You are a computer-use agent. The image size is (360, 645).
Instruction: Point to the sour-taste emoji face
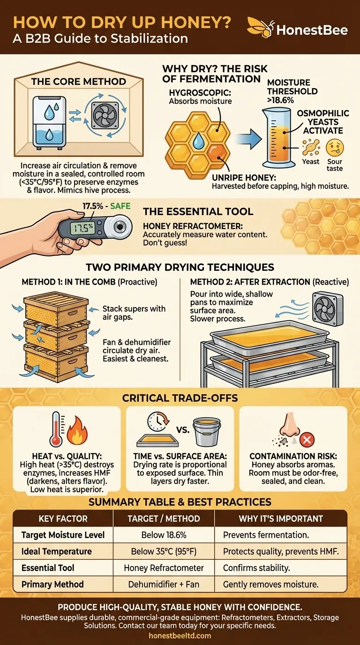point(335,148)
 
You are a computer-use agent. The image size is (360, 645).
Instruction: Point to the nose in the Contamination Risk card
point(287,429)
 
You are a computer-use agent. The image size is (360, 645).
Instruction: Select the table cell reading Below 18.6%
point(164,535)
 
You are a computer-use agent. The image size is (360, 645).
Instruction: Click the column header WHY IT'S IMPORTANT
point(280,518)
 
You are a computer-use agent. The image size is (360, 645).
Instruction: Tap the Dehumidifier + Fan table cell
point(164,584)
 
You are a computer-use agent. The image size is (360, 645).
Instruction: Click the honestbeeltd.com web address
point(180,636)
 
